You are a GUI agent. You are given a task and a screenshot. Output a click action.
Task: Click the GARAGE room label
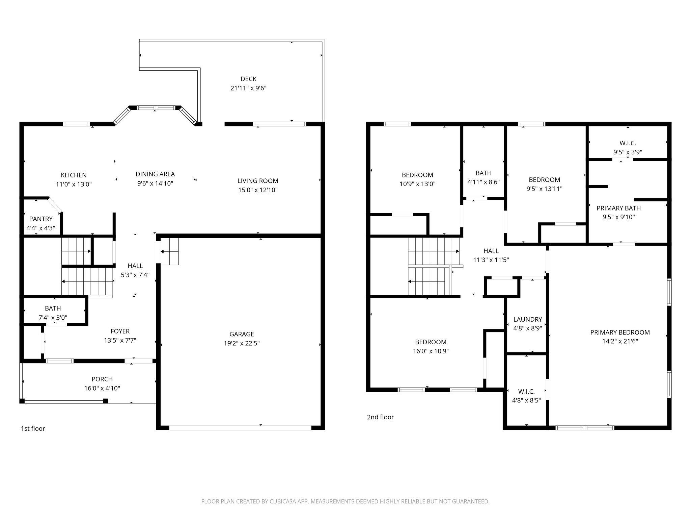coord(242,334)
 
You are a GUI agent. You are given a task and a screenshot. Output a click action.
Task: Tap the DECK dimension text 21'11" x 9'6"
coord(249,88)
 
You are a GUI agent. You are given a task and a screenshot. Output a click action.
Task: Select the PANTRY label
coord(41,219)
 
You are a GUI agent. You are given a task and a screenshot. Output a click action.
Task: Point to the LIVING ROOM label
coord(258,181)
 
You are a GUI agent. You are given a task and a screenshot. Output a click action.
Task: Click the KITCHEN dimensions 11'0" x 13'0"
coord(74,184)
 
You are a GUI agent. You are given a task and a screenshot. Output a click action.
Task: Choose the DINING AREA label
coord(155,174)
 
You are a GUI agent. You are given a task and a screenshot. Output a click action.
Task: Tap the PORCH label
coord(102,379)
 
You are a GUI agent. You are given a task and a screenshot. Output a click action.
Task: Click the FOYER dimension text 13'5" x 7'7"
coord(120,340)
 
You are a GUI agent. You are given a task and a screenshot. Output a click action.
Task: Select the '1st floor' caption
coord(33,428)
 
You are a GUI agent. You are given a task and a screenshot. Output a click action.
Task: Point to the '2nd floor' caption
coord(380,417)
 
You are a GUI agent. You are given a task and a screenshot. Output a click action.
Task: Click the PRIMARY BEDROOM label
coord(620,332)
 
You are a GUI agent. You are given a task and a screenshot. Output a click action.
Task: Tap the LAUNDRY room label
coord(528,319)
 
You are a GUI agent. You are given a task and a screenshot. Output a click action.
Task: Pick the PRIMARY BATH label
coord(619,208)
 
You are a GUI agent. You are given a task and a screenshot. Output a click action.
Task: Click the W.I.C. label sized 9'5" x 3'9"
coord(628,143)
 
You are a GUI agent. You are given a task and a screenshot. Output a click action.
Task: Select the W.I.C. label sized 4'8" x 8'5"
coord(526,391)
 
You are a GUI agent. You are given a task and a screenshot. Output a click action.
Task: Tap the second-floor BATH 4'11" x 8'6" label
coord(483,173)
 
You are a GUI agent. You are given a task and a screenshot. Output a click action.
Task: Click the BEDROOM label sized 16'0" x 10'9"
coord(431,342)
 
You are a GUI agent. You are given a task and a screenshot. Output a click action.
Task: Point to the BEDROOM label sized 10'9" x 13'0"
coord(418,175)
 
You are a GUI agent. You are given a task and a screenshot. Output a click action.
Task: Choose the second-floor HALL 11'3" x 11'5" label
coord(491,251)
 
